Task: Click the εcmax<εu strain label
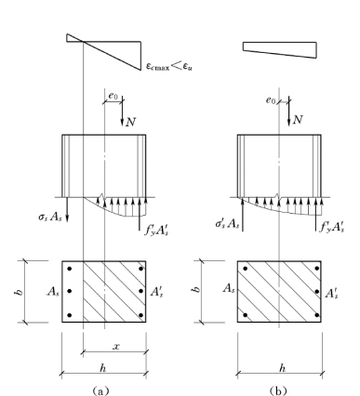click(169, 66)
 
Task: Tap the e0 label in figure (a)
click(113, 96)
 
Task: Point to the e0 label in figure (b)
click(271, 100)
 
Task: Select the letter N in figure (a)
click(130, 122)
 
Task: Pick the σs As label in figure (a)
click(50, 217)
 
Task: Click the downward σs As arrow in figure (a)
click(67, 209)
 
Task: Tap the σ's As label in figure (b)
click(227, 224)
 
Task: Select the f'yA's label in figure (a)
click(156, 231)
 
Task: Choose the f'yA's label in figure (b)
click(332, 228)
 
